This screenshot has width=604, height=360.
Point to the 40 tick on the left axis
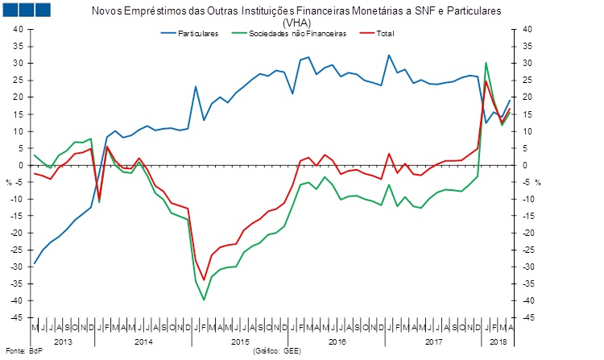pos(18,29)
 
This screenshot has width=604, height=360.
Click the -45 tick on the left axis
pos(16,317)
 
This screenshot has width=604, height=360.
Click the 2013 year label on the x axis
pos(63,341)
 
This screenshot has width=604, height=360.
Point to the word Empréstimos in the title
pos(172,12)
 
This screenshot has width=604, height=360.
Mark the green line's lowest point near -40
pos(204,300)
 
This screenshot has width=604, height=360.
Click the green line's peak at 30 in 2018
pos(486,63)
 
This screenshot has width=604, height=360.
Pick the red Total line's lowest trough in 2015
pos(204,279)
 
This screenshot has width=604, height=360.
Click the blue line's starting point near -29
pos(34,263)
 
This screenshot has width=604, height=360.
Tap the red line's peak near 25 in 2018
pos(486,81)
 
